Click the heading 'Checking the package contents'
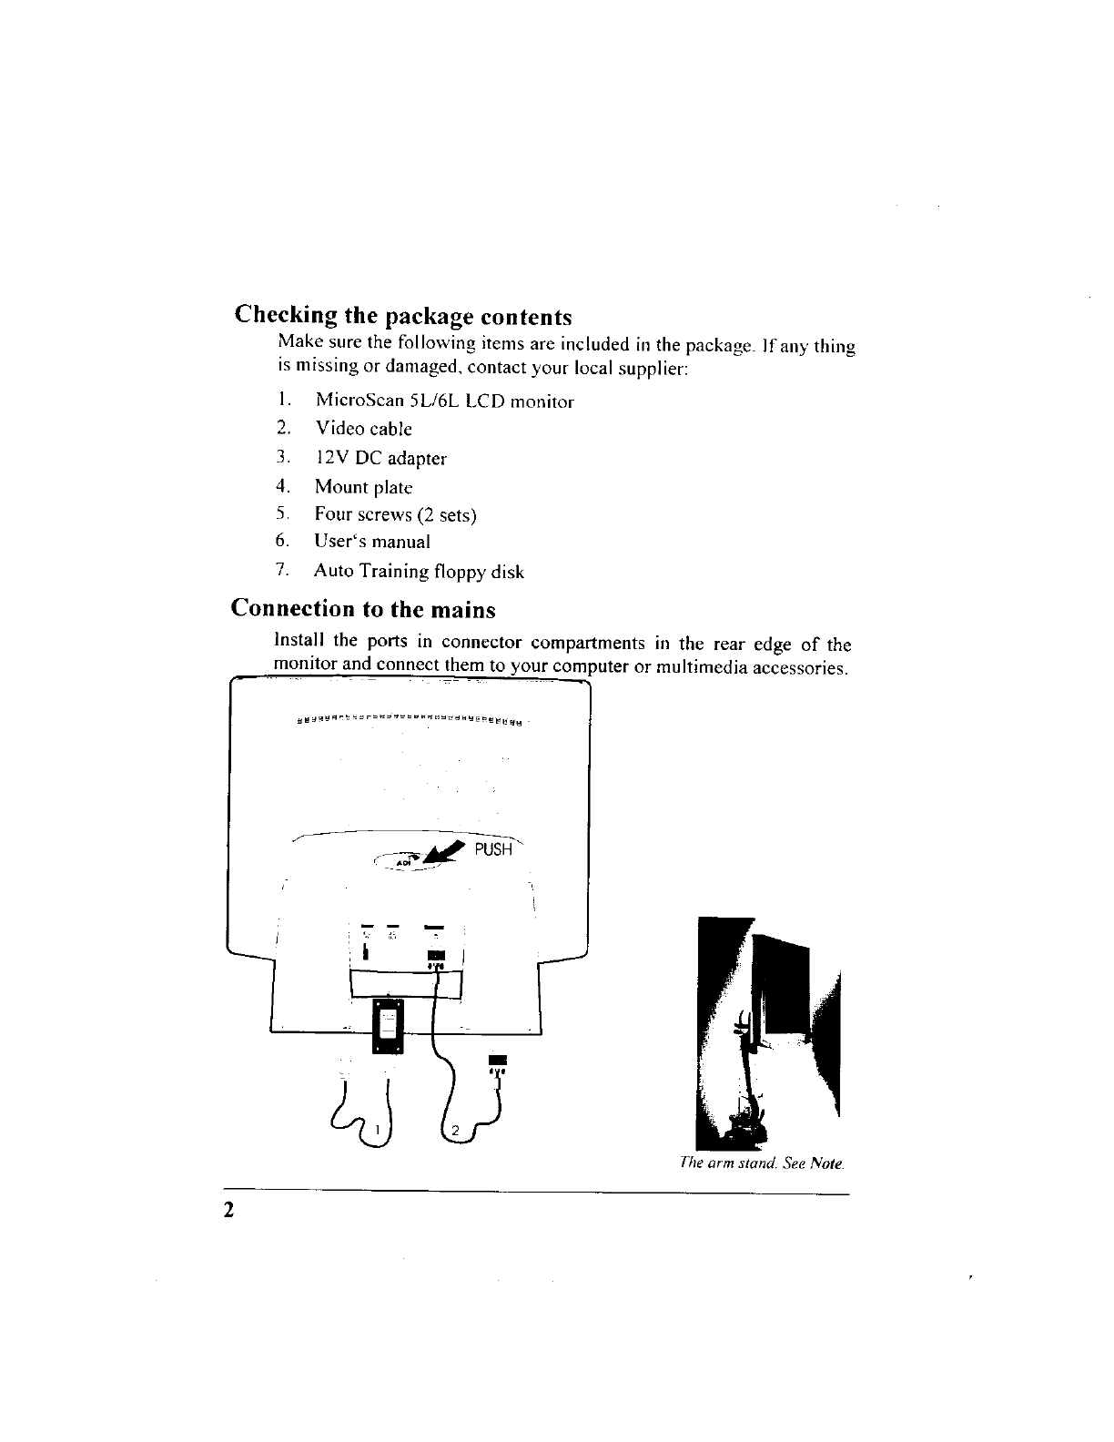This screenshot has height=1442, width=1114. coord(403,316)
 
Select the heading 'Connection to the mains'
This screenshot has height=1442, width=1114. coord(364,608)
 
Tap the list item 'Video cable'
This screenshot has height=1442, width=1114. coord(363,429)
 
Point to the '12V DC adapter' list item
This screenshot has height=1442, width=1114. coord(380,458)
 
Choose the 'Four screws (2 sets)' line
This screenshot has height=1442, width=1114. coord(395,514)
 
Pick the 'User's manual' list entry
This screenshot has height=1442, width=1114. coord(371,542)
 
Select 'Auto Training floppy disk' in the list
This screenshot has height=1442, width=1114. coord(419,572)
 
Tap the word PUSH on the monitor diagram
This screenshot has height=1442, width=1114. coord(494,849)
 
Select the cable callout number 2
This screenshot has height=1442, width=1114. coord(457,1131)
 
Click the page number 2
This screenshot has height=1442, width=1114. coord(230,1210)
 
